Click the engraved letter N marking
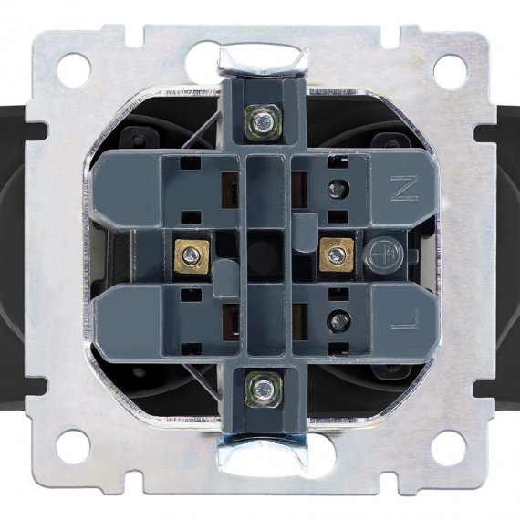click(x=403, y=188)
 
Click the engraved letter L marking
click(x=403, y=319)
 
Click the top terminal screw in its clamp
click(x=263, y=123)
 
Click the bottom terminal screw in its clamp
click(x=263, y=389)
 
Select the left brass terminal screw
click(x=192, y=256)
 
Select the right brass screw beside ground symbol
click(x=336, y=255)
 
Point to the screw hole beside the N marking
click(x=338, y=190)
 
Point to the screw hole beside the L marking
click(x=338, y=319)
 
